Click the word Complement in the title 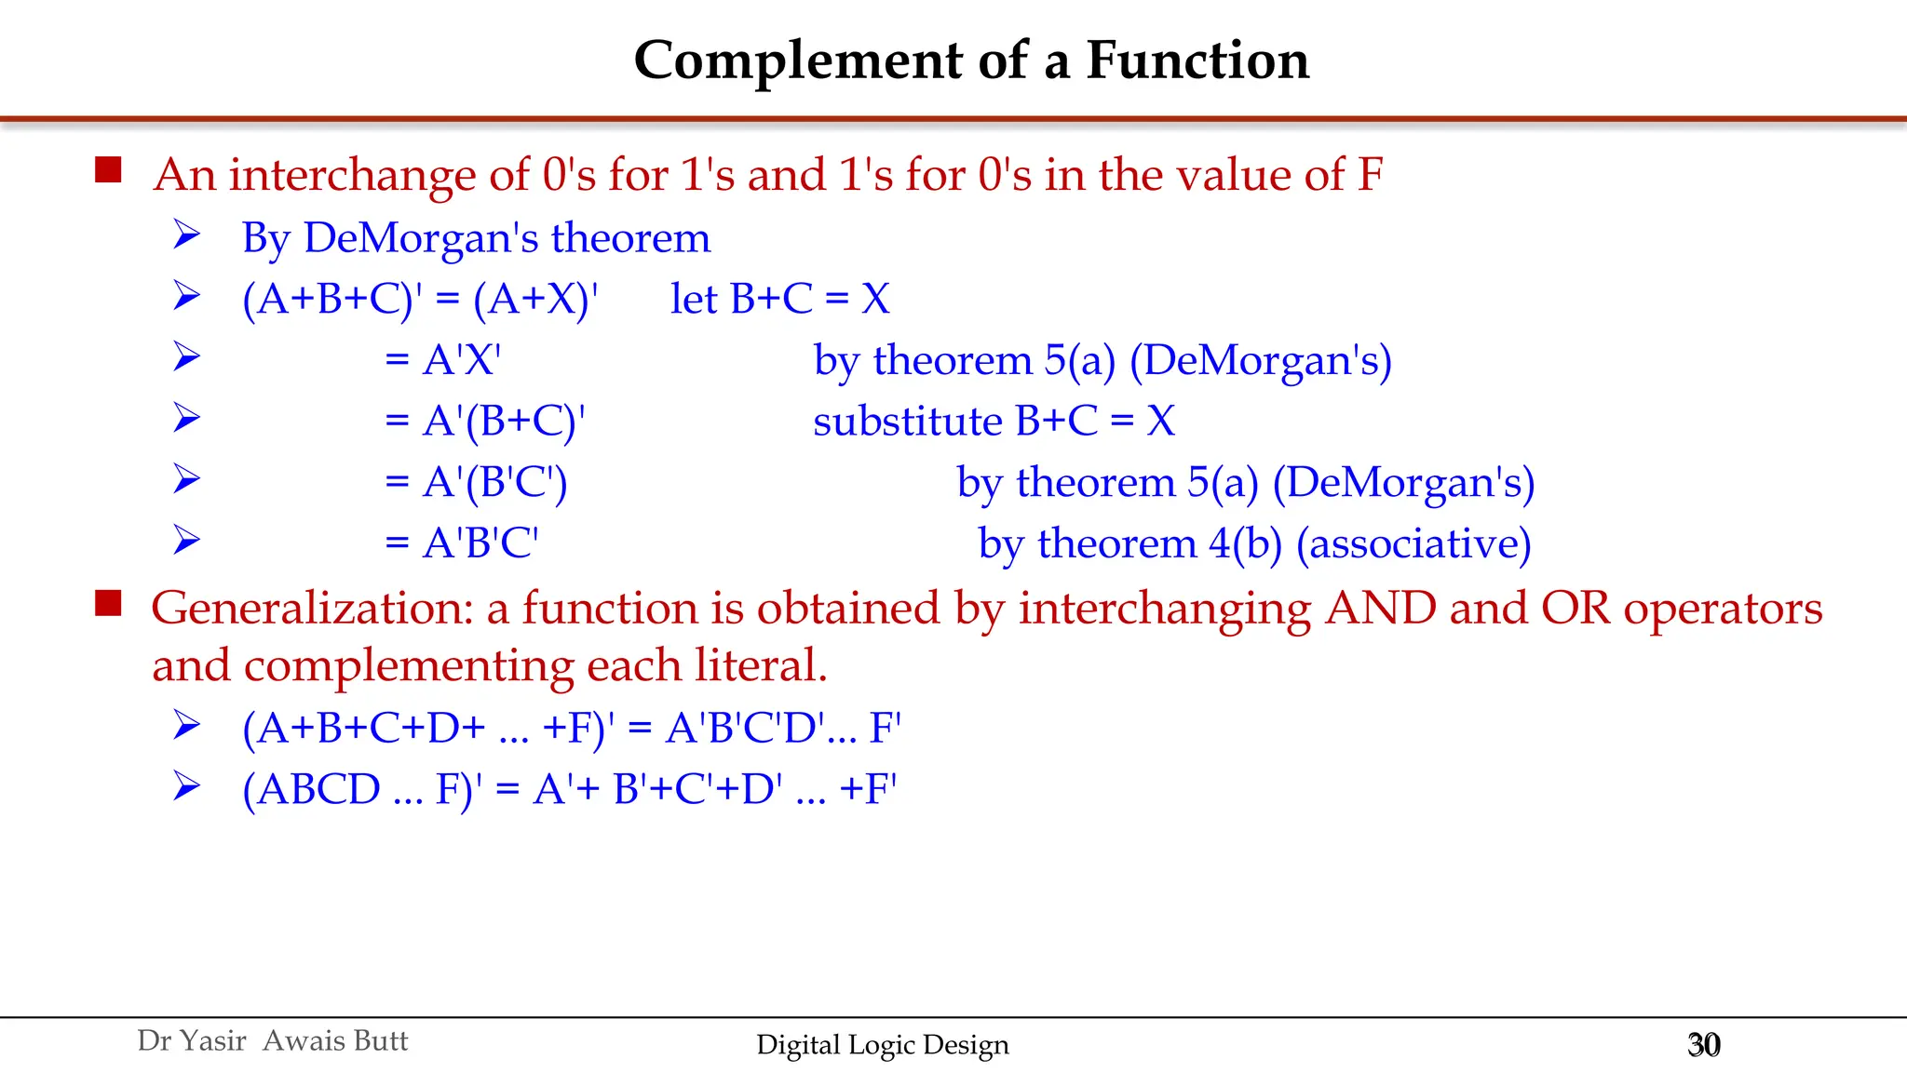(x=798, y=61)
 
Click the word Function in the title (x=1197, y=61)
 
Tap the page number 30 (x=1703, y=1044)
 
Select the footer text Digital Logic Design (x=882, y=1044)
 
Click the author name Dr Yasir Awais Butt (x=272, y=1040)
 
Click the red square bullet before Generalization (x=108, y=603)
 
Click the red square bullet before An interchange (x=108, y=169)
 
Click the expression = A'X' (x=443, y=360)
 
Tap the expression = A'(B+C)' (x=485, y=422)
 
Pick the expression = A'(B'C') (x=476, y=483)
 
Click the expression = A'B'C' (x=462, y=543)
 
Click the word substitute (x=907, y=422)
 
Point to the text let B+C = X (x=780, y=300)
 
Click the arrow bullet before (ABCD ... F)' (x=186, y=787)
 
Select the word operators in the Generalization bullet (x=1723, y=609)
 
